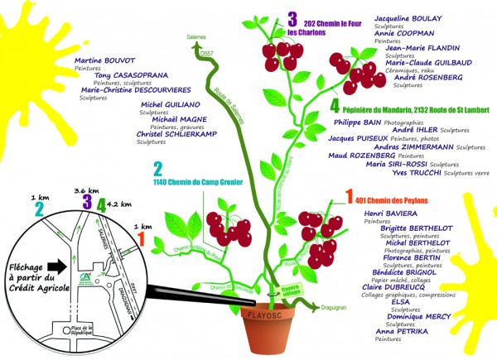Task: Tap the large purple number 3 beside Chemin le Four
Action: coord(292,18)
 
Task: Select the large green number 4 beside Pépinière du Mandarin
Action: coord(334,106)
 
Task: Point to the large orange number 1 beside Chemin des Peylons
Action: coord(349,198)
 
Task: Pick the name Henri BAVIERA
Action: coord(389,214)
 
